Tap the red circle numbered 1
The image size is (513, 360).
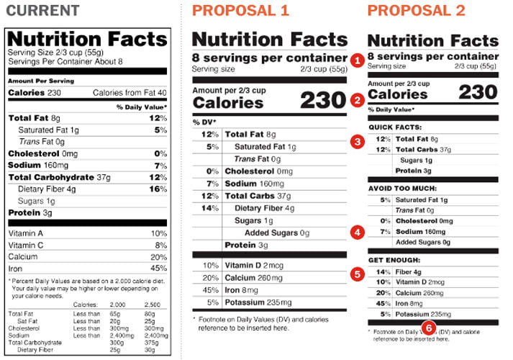[x=357, y=60]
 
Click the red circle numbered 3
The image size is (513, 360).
[x=357, y=141]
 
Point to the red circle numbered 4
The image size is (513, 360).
[x=357, y=232]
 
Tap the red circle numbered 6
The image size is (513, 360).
[x=429, y=328]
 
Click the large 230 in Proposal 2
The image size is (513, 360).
[x=478, y=92]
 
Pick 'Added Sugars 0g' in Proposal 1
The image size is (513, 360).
[x=277, y=233]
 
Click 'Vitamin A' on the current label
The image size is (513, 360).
[x=25, y=233]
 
